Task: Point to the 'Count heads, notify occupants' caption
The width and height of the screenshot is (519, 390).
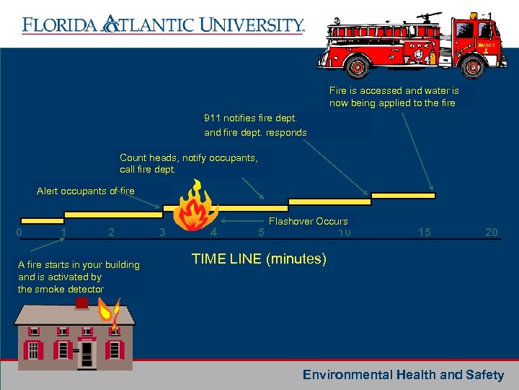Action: click(x=188, y=157)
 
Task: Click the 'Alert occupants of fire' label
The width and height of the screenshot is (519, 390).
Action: click(x=85, y=191)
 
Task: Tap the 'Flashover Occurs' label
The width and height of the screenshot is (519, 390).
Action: click(x=308, y=221)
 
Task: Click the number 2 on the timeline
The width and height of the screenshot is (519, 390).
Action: click(x=110, y=233)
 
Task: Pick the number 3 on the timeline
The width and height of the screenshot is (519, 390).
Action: click(x=162, y=233)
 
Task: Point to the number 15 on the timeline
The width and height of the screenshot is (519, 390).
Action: click(x=425, y=233)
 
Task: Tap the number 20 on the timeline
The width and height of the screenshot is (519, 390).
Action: click(x=491, y=233)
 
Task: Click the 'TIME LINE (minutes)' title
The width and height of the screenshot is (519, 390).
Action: click(x=259, y=259)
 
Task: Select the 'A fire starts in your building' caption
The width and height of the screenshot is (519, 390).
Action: click(x=79, y=265)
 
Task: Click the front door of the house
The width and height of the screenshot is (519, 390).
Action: click(x=87, y=353)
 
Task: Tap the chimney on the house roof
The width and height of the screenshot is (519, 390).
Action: click(x=83, y=303)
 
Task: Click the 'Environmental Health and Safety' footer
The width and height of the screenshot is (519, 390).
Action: click(x=403, y=375)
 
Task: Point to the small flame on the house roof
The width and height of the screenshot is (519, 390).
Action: click(x=112, y=312)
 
